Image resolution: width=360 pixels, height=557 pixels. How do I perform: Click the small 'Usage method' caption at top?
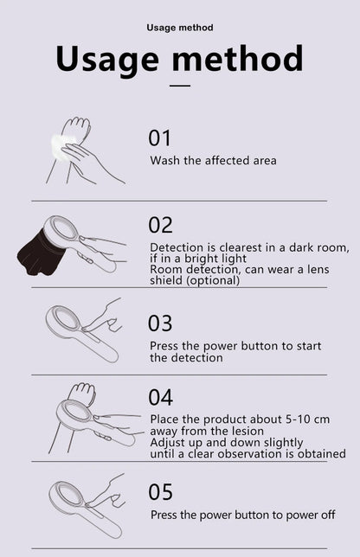pyautogui.click(x=180, y=28)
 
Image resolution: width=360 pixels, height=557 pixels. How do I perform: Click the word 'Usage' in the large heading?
pyautogui.click(x=107, y=60)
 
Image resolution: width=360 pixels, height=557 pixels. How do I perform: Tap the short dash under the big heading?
pyautogui.click(x=180, y=86)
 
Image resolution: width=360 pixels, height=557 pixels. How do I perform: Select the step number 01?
pyautogui.click(x=159, y=138)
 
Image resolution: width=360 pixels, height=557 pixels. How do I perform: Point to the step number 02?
pyautogui.click(x=160, y=225)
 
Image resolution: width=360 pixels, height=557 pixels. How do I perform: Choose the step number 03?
pyautogui.click(x=160, y=323)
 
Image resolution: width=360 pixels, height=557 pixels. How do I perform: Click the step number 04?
pyautogui.click(x=161, y=398)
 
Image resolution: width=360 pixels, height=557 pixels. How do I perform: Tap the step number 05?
pyautogui.click(x=161, y=492)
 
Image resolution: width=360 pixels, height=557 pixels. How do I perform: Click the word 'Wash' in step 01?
pyautogui.click(x=165, y=161)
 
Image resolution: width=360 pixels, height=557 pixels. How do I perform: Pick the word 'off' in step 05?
pyautogui.click(x=328, y=515)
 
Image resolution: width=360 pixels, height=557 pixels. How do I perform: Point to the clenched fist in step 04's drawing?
pyautogui.click(x=81, y=393)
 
